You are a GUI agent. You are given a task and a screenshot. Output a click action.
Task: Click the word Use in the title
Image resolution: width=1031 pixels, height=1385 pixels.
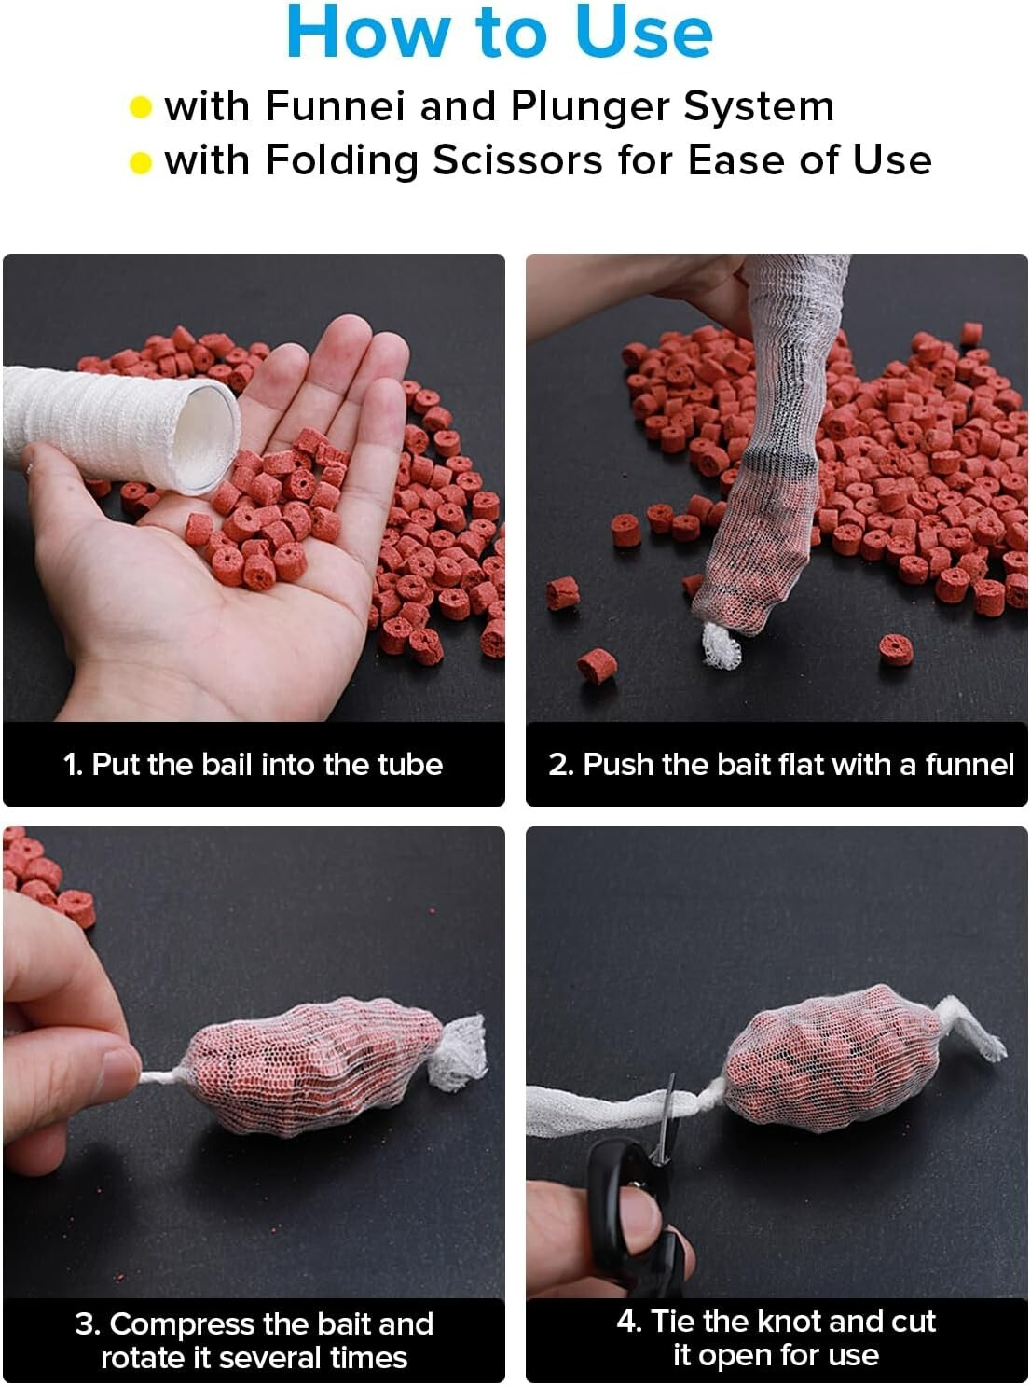(643, 33)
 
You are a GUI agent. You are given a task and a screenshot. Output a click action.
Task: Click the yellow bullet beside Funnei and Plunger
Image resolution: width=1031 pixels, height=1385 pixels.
(141, 107)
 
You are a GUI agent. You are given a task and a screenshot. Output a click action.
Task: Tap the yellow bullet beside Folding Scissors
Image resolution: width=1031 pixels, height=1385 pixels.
(141, 163)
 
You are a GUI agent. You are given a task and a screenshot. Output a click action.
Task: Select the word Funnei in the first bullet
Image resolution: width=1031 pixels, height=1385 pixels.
(336, 105)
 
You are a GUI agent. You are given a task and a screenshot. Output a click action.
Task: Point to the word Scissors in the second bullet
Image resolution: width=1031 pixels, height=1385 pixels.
(518, 160)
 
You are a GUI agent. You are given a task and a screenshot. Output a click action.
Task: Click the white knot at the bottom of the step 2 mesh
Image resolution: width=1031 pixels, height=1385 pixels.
(722, 645)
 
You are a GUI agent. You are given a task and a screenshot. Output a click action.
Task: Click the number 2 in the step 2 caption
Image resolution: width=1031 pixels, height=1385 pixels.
(557, 764)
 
